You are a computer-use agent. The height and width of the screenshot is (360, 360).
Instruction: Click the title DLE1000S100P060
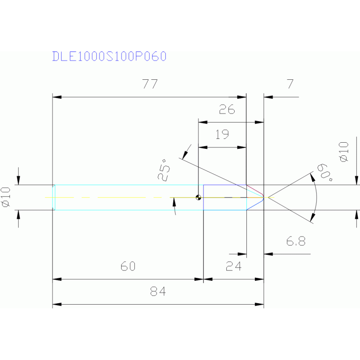[x=109, y=56]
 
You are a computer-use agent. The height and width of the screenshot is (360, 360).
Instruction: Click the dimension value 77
[x=149, y=84]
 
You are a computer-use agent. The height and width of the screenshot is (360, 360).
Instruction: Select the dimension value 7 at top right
[x=290, y=84]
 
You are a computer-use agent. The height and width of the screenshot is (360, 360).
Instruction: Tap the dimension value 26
[x=227, y=110]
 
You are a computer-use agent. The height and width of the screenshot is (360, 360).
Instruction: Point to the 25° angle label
[x=163, y=173]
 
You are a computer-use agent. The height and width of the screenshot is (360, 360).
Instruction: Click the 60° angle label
[x=324, y=173]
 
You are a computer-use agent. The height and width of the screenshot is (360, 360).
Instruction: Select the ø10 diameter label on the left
[x=6, y=197]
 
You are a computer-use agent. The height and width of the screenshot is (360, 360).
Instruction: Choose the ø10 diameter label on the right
[x=344, y=152]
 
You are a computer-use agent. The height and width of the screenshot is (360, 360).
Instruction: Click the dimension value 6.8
[x=296, y=241]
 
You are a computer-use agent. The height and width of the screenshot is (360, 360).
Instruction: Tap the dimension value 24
[x=233, y=267]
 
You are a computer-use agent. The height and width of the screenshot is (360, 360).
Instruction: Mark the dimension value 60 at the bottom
[x=127, y=267]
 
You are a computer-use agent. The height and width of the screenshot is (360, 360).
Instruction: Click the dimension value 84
[x=158, y=292]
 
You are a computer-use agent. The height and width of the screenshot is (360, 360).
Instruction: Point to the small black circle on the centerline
[x=199, y=198]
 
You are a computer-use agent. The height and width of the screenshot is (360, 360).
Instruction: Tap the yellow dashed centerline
[x=117, y=198]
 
